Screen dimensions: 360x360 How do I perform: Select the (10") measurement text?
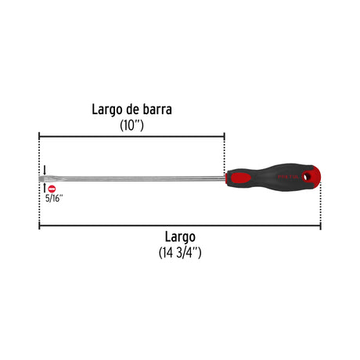tap(131, 125)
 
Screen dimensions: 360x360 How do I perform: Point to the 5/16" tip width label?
tap(54, 198)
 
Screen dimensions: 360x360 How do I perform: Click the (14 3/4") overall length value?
tap(180, 253)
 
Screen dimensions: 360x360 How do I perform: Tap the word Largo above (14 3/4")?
tap(180, 237)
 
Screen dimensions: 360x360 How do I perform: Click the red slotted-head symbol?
tap(52, 189)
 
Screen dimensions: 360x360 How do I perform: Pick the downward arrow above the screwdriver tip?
tap(45, 170)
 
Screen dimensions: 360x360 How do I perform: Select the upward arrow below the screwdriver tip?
tap(45, 188)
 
